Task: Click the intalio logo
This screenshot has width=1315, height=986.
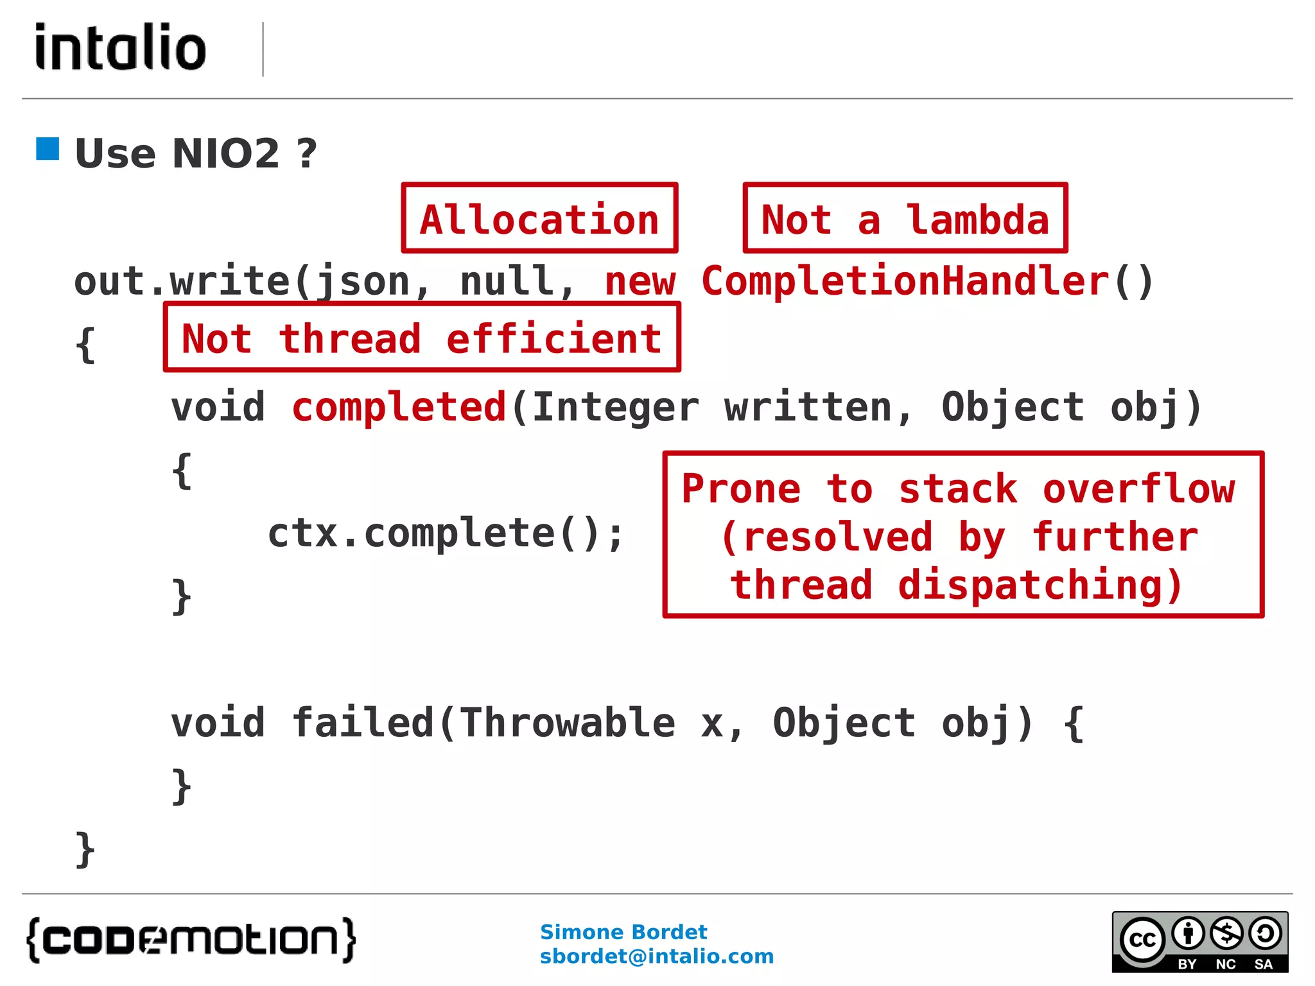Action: tap(121, 47)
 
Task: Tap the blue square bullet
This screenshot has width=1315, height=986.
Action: tap(48, 149)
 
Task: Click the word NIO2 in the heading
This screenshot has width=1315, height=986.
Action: tap(225, 153)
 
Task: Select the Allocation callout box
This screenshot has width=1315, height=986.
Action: tap(539, 218)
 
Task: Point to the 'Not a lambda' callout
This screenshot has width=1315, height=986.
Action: tap(905, 218)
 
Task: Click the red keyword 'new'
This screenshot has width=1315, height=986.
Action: tap(640, 281)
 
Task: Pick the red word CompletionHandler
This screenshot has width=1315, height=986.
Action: tap(905, 281)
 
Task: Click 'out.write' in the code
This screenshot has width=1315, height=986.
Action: tap(181, 281)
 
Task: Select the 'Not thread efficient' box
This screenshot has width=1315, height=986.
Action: tap(422, 338)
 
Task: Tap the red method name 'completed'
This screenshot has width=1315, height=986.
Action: tap(399, 407)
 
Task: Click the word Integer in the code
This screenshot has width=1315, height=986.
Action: tap(615, 407)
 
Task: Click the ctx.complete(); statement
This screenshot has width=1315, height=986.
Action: tap(446, 533)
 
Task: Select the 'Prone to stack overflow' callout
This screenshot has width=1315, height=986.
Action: tap(962, 535)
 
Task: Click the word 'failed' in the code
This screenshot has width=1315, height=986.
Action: tap(363, 723)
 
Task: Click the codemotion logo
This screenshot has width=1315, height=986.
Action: tap(191, 940)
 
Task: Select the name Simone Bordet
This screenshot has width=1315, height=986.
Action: tap(623, 931)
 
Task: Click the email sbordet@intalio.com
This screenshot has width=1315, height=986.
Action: tap(656, 956)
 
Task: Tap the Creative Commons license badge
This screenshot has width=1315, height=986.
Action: tap(1199, 942)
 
